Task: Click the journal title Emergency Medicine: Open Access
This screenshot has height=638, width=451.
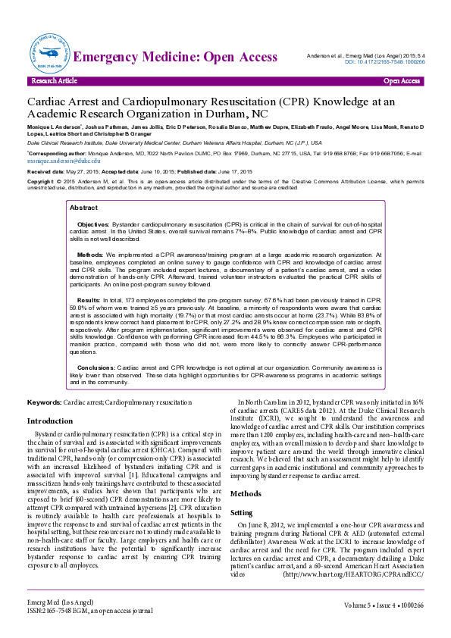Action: [177, 57]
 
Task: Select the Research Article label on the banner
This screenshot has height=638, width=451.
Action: [52, 80]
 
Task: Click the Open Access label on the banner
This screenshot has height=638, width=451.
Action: [402, 80]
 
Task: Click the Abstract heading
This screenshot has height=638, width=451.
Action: [83, 208]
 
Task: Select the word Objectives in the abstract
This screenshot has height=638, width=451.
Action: [93, 225]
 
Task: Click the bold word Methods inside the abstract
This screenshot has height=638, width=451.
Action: [90, 255]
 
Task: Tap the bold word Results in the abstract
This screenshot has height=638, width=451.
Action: [89, 302]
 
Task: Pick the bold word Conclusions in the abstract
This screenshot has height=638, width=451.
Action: [96, 366]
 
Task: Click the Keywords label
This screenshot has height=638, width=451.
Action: [44, 401]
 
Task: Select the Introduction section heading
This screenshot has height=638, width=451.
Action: [50, 421]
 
